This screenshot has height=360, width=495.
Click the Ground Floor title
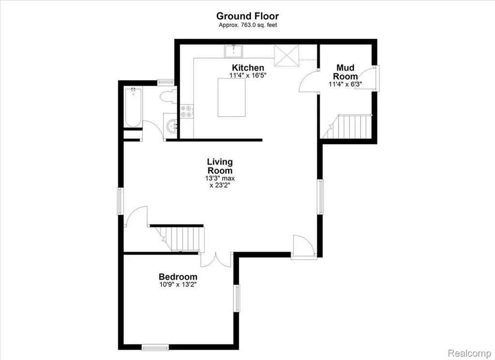pyautogui.click(x=247, y=16)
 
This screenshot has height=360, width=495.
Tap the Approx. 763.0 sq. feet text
pyautogui.click(x=248, y=25)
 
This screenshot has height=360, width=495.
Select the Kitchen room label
pyautogui.click(x=248, y=68)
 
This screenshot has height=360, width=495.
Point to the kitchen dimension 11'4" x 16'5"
pyautogui.click(x=248, y=75)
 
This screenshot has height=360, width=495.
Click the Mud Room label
pyautogui.click(x=345, y=72)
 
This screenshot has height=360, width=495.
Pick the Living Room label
pyautogui.click(x=220, y=166)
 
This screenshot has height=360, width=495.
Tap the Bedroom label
pyautogui.click(x=178, y=277)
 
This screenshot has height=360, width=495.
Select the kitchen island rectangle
pyautogui.click(x=232, y=97)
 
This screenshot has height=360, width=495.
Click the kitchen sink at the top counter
pyautogui.click(x=233, y=51)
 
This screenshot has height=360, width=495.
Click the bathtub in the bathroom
pyautogui.click(x=133, y=107)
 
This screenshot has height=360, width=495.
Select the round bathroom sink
pyautogui.click(x=172, y=126)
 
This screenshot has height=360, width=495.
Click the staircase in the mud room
pyautogui.click(x=347, y=126)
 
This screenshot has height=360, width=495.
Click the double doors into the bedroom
pyautogui.click(x=217, y=260)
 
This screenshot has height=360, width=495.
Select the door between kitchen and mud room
pyautogui.click(x=308, y=82)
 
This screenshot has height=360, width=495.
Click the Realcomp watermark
pyautogui.click(x=470, y=353)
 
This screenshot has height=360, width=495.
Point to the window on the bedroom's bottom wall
pyautogui.click(x=155, y=347)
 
